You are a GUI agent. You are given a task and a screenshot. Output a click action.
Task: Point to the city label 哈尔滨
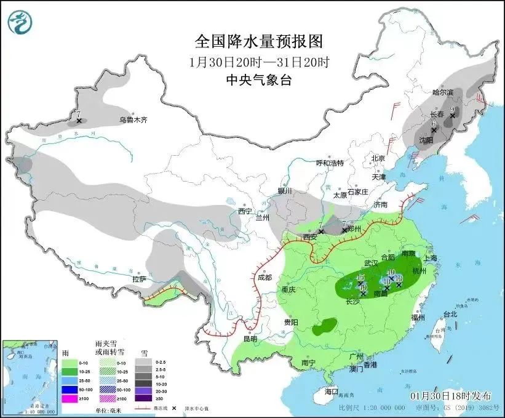click(442, 92)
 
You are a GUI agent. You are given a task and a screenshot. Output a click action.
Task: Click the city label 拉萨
click(139, 279)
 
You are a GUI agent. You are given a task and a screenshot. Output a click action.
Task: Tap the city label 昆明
click(250, 339)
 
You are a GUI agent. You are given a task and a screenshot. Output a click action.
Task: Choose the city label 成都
click(264, 278)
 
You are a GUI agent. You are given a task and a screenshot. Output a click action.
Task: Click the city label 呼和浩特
click(330, 163)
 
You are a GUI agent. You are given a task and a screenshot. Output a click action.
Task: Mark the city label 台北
click(450, 314)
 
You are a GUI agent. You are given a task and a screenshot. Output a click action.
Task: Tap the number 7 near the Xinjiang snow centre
click(79, 114)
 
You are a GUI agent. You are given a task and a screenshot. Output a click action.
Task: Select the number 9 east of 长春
click(453, 110)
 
